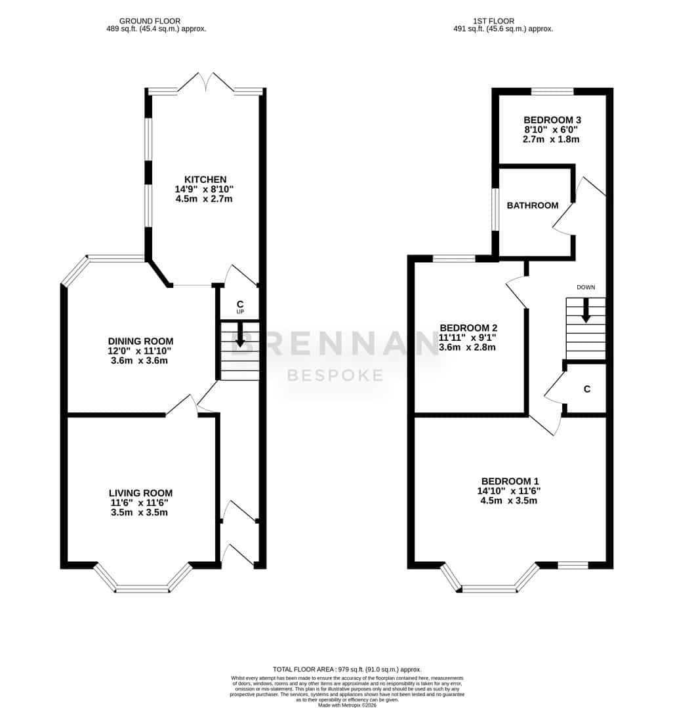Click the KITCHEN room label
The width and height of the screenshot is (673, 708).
205,179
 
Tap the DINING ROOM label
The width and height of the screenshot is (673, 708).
140,342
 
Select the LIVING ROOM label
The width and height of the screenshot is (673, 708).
140,493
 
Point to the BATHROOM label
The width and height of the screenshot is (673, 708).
533,205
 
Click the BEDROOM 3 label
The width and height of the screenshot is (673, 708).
552,120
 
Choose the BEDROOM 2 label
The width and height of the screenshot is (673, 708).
468,328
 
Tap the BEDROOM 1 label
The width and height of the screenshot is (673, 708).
510,481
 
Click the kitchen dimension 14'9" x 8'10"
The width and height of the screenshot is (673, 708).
204,189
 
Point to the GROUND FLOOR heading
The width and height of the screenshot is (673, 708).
150,21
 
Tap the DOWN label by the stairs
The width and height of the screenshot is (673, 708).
586,287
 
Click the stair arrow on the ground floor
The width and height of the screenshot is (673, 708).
240,334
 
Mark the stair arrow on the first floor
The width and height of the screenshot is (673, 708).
586,310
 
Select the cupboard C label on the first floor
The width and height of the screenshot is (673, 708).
586,389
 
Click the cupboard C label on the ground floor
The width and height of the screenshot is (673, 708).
240,304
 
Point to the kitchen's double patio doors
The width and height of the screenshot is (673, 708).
206,83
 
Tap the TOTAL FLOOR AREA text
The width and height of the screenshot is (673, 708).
347,669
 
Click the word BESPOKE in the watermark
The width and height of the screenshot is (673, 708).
335,375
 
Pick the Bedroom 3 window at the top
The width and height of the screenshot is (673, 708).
552,92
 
